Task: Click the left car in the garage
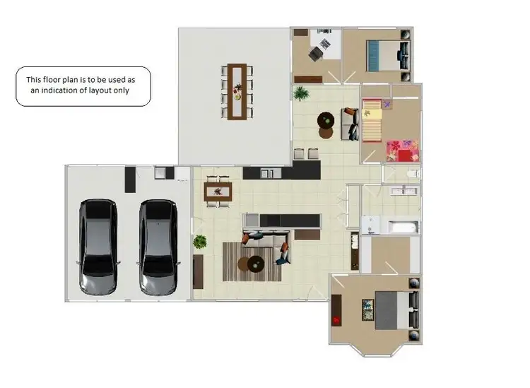(x=98, y=247)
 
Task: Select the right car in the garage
(x=157, y=247)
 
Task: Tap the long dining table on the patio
(x=236, y=92)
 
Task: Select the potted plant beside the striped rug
(x=200, y=242)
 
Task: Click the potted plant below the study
(x=302, y=93)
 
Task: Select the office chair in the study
(x=324, y=46)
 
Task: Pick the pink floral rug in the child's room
(x=401, y=151)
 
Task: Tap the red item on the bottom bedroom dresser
(x=337, y=320)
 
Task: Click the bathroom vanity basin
(x=401, y=190)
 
